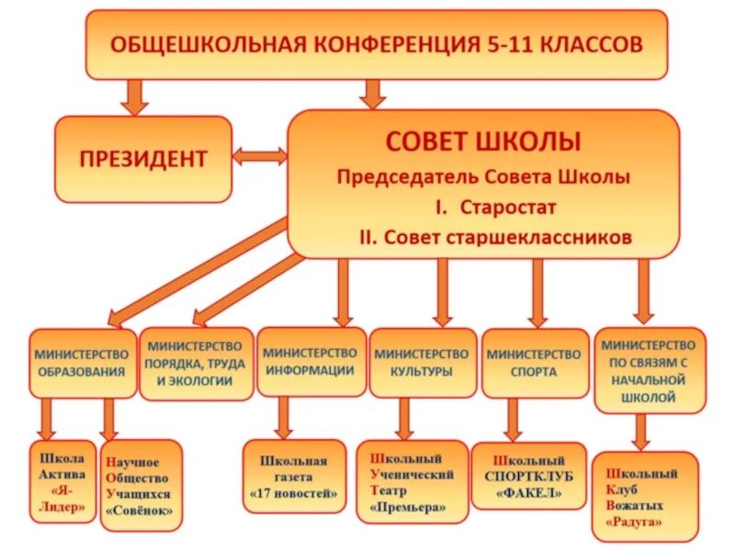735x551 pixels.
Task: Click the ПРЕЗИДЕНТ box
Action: click(142, 159)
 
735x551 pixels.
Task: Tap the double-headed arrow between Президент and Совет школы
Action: click(259, 157)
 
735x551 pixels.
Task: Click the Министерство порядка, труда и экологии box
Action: click(196, 363)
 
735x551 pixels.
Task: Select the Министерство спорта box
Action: click(534, 363)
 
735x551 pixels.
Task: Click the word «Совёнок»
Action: click(140, 507)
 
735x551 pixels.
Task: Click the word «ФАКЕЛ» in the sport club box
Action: click(529, 491)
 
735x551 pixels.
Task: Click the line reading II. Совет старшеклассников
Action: click(496, 237)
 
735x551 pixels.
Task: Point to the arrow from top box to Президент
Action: click(134, 96)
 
